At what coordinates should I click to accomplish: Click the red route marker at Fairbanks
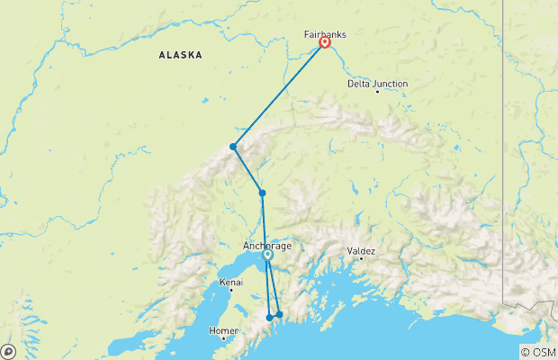click(x=324, y=41)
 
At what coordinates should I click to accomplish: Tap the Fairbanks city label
click(x=325, y=34)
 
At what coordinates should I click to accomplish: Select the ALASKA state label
click(x=180, y=55)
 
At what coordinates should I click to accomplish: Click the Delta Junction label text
click(x=378, y=84)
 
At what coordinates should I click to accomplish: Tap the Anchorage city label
click(x=267, y=246)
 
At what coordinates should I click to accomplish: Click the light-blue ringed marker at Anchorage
click(x=268, y=255)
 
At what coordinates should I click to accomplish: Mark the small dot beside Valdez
click(x=362, y=259)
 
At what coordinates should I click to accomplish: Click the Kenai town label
click(x=231, y=283)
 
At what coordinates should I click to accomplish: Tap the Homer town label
click(x=224, y=330)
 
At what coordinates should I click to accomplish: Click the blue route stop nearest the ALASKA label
click(x=233, y=147)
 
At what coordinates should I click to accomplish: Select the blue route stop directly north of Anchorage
click(x=262, y=193)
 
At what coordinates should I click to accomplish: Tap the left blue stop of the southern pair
click(x=270, y=318)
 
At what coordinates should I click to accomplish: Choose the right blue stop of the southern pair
click(x=279, y=314)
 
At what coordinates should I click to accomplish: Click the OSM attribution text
click(x=538, y=352)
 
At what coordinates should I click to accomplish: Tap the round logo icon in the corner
click(x=7, y=352)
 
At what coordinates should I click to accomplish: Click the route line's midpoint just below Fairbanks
click(x=279, y=94)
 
